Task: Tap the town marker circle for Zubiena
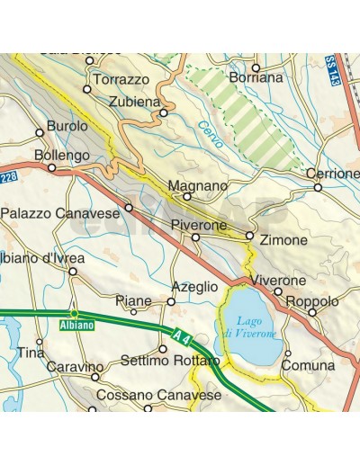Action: pyautogui.click(x=164, y=113)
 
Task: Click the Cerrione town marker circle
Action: pyautogui.click(x=318, y=187)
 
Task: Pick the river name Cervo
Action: pyautogui.click(x=209, y=131)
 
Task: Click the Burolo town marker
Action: pyautogui.click(x=40, y=132)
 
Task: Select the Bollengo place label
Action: pyautogui.click(x=62, y=156)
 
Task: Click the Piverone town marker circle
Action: pyautogui.click(x=195, y=237)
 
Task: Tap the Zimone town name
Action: pyautogui.click(x=283, y=241)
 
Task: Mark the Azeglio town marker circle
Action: pyautogui.click(x=171, y=301)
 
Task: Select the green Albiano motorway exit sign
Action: pyautogui.click(x=75, y=324)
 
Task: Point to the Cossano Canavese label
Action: pyautogui.click(x=157, y=396)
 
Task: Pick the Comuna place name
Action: pyautogui.click(x=308, y=366)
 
